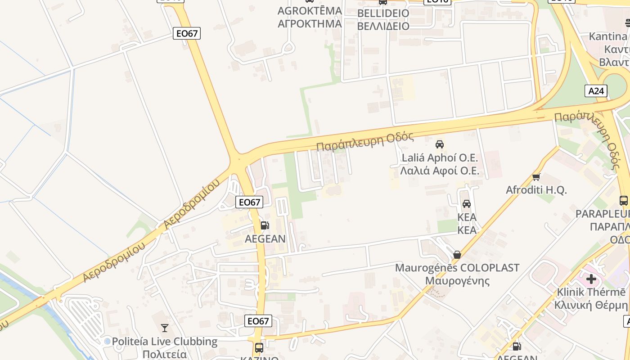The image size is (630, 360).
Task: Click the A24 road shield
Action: [596, 91]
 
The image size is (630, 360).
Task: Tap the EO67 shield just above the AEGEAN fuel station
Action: [249, 202]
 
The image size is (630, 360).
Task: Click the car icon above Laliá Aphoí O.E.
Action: [440, 144]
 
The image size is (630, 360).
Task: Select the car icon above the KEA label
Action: [467, 204]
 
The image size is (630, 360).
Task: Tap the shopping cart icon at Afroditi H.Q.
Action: [536, 176]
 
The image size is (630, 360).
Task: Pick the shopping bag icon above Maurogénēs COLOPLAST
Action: [457, 255]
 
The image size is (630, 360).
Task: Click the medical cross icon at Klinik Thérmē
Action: [591, 279]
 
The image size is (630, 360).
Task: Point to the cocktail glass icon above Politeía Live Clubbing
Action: [165, 328]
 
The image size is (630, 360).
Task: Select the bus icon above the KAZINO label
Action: [259, 347]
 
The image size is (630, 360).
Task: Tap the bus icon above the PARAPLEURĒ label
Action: [624, 201]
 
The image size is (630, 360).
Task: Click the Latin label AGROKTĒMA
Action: [310, 11]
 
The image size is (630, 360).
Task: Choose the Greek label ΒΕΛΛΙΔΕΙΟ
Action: [383, 26]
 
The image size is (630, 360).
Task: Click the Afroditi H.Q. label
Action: [536, 190]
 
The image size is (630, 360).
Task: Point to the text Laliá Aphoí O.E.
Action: [440, 158]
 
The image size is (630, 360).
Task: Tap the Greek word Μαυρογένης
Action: [457, 281]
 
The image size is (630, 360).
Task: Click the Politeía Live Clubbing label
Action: [165, 342]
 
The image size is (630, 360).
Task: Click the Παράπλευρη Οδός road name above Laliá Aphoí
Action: [365, 141]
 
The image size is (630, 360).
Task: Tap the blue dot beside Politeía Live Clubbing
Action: [107, 342]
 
